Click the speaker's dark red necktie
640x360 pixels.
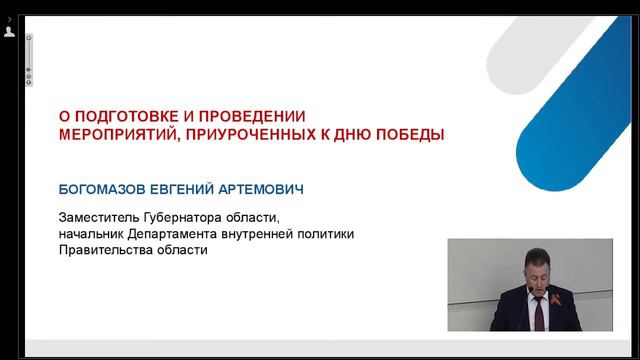537,315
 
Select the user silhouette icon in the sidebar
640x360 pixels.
9,32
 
